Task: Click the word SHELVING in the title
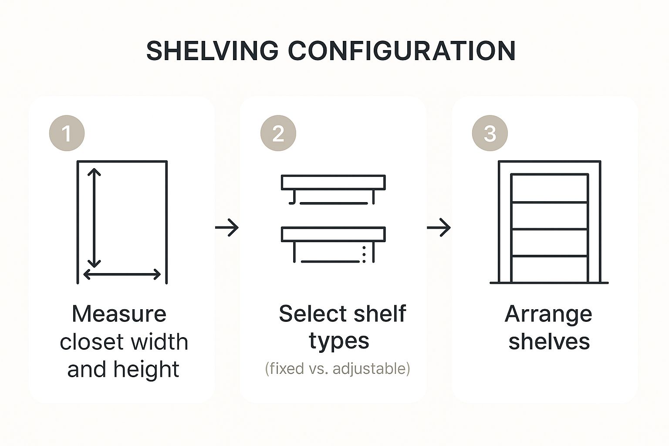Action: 213,51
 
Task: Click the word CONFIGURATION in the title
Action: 402,51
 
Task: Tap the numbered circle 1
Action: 67,133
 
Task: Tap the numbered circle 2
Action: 278,133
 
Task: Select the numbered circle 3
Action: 490,133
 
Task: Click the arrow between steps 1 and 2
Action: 227,228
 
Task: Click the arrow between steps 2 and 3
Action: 439,228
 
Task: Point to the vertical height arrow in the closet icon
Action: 94,218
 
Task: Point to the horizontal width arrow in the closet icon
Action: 122,274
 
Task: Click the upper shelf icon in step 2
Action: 333,182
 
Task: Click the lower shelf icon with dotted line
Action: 333,234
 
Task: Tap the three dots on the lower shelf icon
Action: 364,254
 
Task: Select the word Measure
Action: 119,314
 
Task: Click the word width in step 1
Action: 159,341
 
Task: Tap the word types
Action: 339,342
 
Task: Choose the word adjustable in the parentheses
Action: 369,368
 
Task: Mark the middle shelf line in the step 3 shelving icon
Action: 550,229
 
